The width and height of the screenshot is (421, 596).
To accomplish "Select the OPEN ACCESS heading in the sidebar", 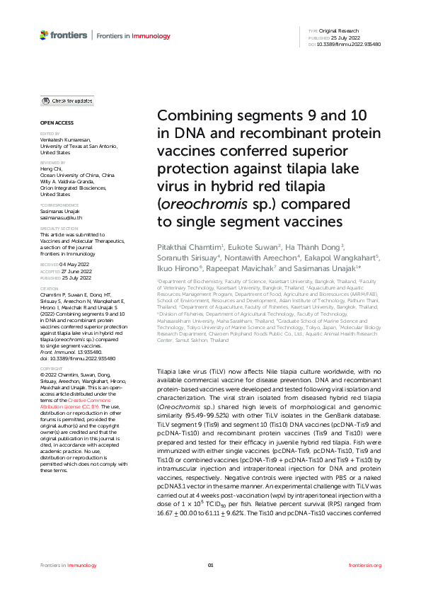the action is tap(52, 123).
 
